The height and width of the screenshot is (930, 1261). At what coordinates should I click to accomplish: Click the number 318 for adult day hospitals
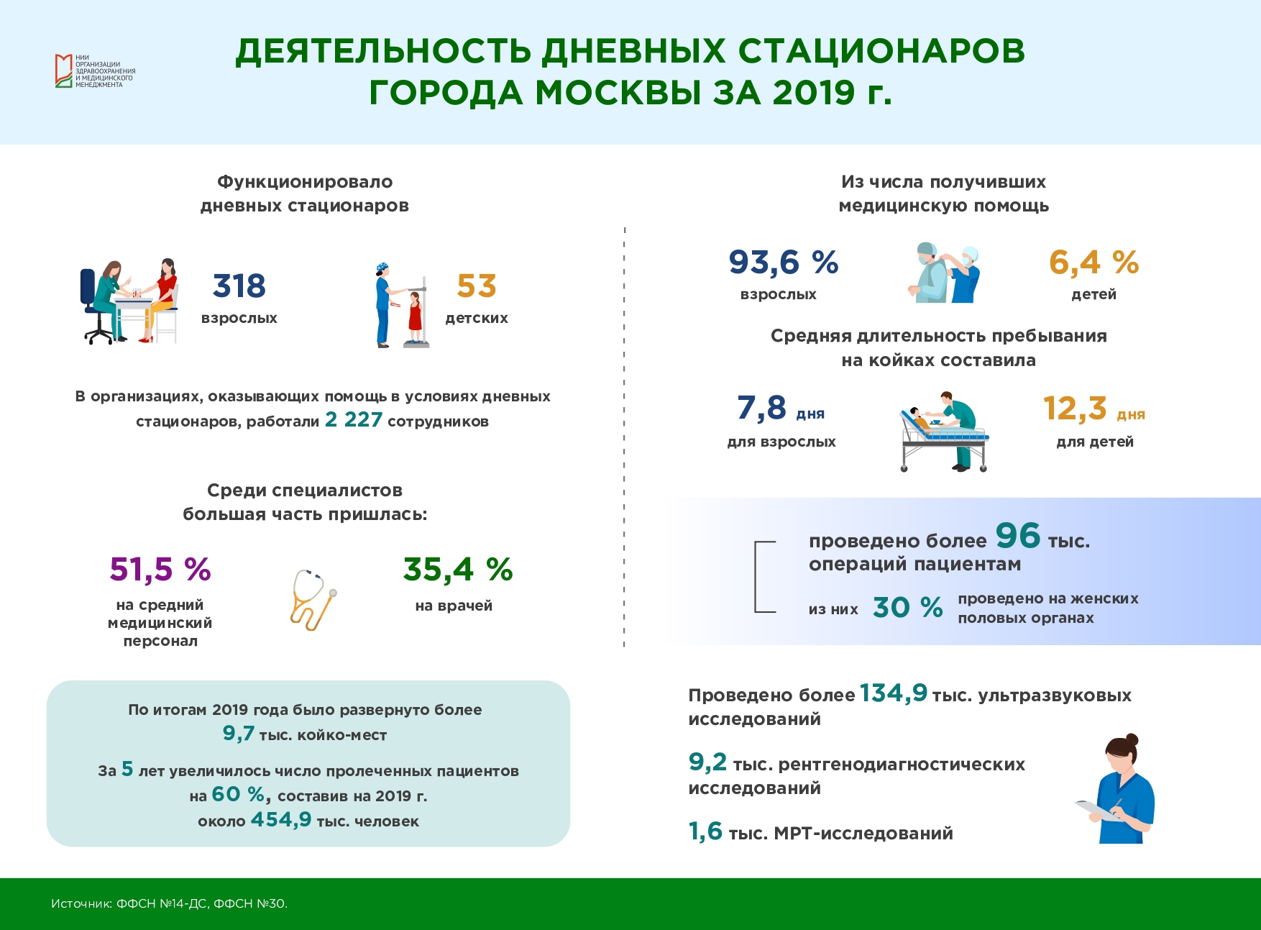tap(239, 286)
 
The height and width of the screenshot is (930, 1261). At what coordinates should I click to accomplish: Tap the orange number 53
tap(477, 286)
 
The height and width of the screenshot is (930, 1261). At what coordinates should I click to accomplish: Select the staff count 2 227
tap(354, 419)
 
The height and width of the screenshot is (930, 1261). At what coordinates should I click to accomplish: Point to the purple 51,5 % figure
tap(160, 569)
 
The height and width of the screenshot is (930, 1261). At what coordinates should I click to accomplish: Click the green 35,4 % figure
tap(458, 569)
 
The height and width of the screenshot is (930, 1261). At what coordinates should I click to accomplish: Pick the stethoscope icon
tap(313, 600)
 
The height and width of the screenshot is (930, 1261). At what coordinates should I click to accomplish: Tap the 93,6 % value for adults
tap(784, 262)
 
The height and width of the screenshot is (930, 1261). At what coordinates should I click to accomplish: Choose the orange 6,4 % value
tap(1093, 262)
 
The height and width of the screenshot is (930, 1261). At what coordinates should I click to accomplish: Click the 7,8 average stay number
tap(762, 408)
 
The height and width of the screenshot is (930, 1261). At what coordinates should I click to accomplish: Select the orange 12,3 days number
tap(1075, 408)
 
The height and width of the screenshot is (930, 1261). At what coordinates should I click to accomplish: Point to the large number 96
tap(1018, 535)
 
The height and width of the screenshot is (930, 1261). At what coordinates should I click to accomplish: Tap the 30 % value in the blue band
tap(908, 607)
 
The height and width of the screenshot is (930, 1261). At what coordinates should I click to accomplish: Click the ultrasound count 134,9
tap(894, 693)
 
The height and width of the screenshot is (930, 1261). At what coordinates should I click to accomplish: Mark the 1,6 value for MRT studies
tap(705, 831)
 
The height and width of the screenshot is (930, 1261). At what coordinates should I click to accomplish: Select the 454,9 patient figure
tap(281, 819)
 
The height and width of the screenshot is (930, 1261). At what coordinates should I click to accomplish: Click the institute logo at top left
tap(95, 70)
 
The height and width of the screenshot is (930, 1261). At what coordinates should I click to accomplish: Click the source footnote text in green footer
tap(169, 903)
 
